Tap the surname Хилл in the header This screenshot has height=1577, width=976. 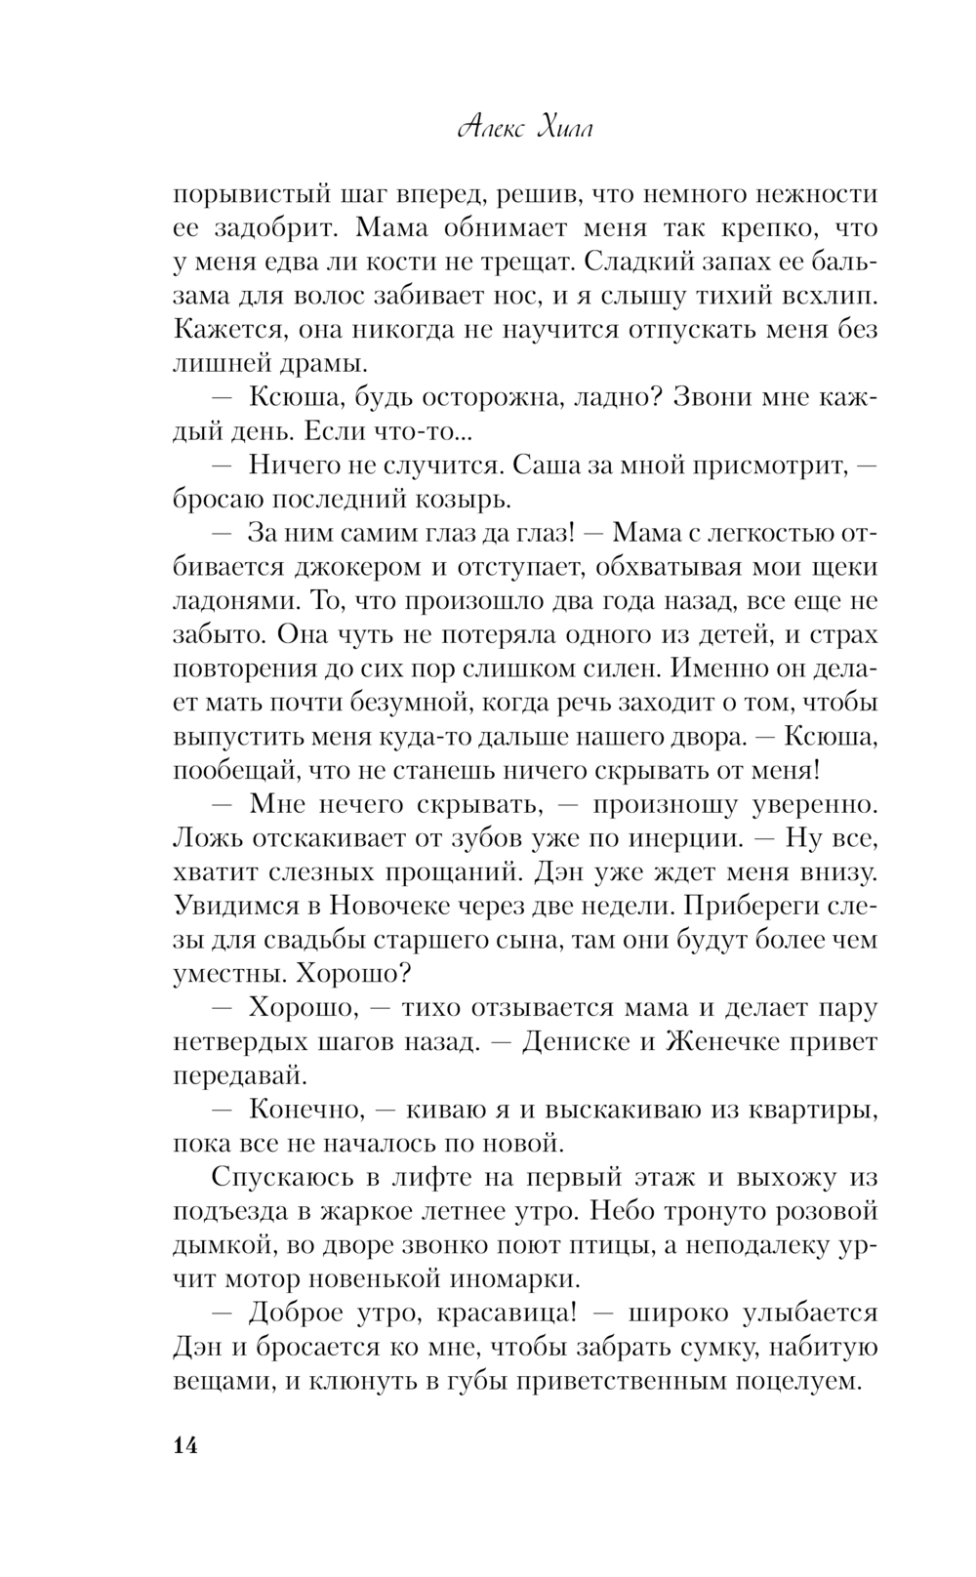point(566,129)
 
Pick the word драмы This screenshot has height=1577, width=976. point(326,364)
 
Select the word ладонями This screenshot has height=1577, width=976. point(226,601)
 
